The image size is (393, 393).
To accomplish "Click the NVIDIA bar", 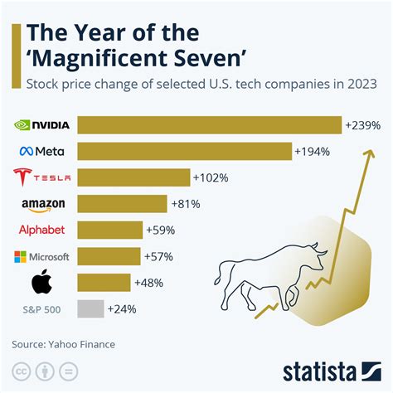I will click(x=209, y=125).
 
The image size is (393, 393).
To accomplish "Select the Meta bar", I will click(x=184, y=151).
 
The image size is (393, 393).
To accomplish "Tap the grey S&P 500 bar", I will click(x=90, y=309).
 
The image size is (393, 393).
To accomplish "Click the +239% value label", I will click(x=364, y=126).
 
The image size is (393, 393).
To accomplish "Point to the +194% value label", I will click(x=314, y=152).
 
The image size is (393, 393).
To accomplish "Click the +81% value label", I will click(x=185, y=203).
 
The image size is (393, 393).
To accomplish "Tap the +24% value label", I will click(x=122, y=309).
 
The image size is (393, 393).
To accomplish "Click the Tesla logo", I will click(x=42, y=177).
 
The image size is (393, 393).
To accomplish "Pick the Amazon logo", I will click(x=42, y=204).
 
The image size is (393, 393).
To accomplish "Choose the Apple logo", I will click(x=42, y=282).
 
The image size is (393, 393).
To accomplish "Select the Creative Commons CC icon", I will click(x=20, y=370).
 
